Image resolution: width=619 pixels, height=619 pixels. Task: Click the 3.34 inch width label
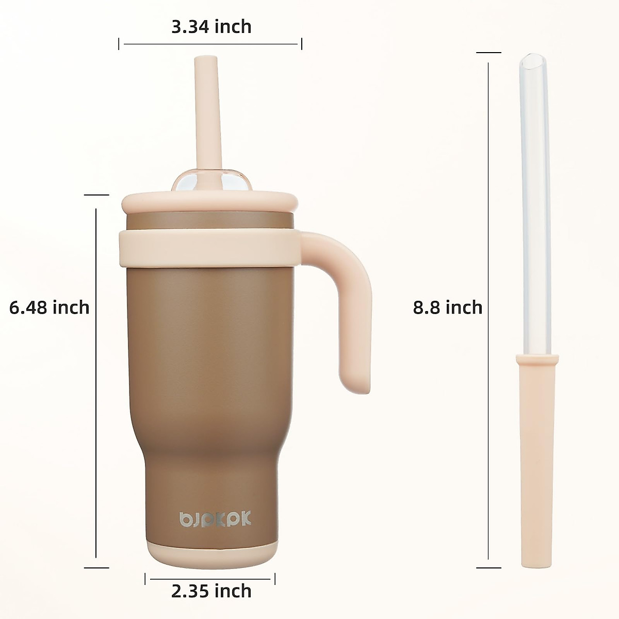coord(211,26)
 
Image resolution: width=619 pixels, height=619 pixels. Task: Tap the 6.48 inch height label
coord(50,307)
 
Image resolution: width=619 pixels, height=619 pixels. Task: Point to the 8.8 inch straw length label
coord(447,307)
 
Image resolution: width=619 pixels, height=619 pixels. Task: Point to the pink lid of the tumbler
coord(209,203)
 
